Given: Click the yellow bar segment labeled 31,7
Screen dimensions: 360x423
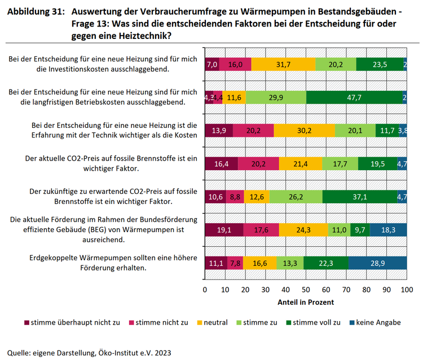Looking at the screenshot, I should click(283, 64).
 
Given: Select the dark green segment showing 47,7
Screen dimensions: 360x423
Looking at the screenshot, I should click(355, 97).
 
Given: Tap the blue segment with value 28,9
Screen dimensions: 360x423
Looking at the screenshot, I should click(377, 263).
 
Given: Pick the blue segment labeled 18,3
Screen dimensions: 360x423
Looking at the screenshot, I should click(387, 230).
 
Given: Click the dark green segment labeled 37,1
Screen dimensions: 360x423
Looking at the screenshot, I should click(359, 197).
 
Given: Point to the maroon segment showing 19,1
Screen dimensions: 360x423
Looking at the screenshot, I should click(224, 230).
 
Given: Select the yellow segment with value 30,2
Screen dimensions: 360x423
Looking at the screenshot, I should click(304, 131).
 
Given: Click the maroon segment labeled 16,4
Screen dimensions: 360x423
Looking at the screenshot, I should click(221, 163).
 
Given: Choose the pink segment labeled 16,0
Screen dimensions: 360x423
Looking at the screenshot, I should click(235, 64).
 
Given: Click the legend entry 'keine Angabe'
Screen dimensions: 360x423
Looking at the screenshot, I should click(377, 323).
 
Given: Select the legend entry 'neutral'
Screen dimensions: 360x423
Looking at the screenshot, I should click(211, 323).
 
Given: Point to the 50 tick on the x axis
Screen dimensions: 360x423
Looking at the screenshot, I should click(306, 289).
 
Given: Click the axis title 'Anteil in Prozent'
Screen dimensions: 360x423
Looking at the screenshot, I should click(305, 302).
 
